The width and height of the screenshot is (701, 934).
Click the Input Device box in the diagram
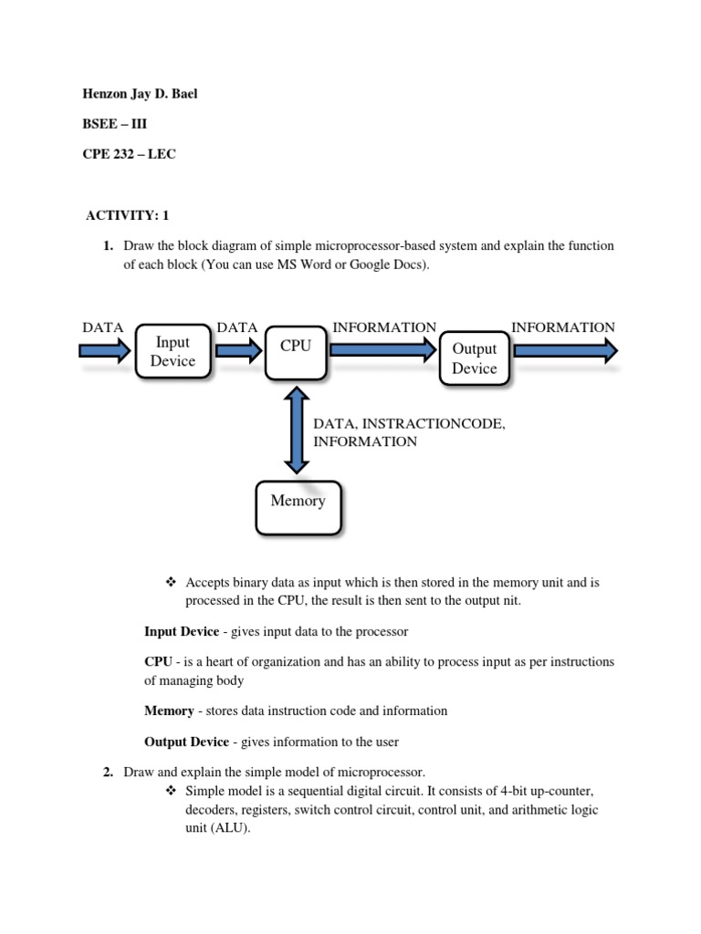click(x=173, y=352)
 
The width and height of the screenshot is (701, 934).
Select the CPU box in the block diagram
click(x=296, y=351)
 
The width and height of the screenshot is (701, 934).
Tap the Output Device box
click(x=474, y=358)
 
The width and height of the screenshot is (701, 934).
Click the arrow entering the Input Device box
click(x=105, y=352)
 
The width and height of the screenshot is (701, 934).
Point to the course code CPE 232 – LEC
click(x=129, y=154)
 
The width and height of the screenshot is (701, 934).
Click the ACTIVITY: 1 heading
click(x=128, y=215)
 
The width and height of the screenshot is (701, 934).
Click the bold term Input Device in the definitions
click(x=182, y=631)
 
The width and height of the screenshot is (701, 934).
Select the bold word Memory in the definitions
click(x=169, y=711)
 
